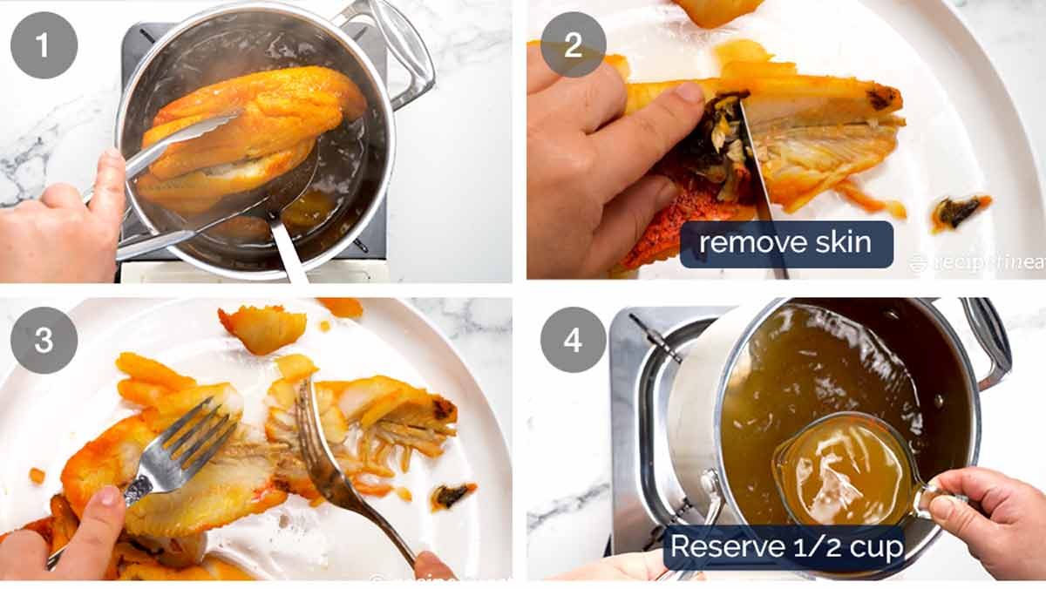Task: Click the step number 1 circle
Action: [x=44, y=44]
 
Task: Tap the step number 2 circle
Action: [x=573, y=44]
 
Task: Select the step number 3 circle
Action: [x=44, y=340]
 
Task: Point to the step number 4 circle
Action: [x=573, y=340]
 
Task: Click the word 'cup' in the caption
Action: [x=875, y=547]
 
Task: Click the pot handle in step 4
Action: [x=989, y=340]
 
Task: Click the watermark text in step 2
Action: [x=976, y=261]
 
